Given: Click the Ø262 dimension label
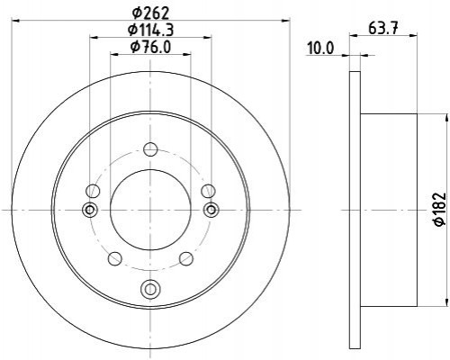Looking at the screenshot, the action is click(x=150, y=13).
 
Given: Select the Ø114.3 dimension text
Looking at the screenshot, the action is click(x=150, y=30).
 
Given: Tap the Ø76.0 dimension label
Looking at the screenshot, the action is click(x=150, y=47).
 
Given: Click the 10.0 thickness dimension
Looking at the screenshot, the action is click(x=320, y=49).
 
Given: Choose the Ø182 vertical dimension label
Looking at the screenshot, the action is click(x=441, y=209).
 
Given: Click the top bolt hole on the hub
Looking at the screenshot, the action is click(x=150, y=149).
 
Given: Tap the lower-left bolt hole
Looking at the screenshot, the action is click(x=114, y=258).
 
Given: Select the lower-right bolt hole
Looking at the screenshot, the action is click(x=186, y=258).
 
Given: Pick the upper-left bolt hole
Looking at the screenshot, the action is click(x=93, y=191).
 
